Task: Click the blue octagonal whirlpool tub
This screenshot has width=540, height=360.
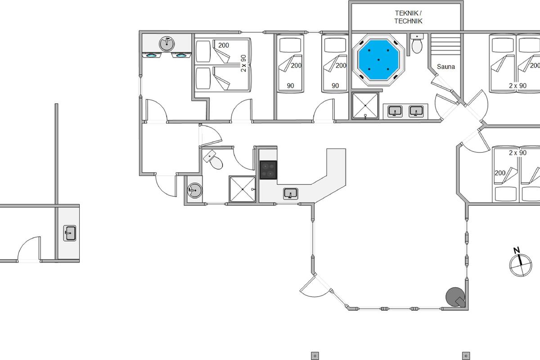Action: pyautogui.click(x=378, y=60)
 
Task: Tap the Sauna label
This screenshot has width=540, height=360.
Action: pyautogui.click(x=446, y=67)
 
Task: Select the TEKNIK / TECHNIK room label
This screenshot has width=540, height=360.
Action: pyautogui.click(x=409, y=17)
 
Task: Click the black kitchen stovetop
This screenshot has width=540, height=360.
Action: pyautogui.click(x=268, y=170)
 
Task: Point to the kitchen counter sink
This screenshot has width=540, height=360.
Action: pyautogui.click(x=291, y=193)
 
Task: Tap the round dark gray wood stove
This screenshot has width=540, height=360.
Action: pyautogui.click(x=455, y=297)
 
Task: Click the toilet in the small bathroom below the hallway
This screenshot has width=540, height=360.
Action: pyautogui.click(x=213, y=160)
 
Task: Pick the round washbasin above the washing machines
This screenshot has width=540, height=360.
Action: pyautogui.click(x=166, y=44)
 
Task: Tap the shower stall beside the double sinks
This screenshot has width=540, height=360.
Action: pyautogui.click(x=365, y=106)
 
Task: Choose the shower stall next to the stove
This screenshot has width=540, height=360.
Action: pyautogui.click(x=242, y=189)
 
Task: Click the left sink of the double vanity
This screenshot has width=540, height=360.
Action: pyautogui.click(x=395, y=112)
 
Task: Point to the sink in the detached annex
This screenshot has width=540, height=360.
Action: pyautogui.click(x=70, y=233)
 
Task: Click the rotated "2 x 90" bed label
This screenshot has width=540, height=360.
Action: pyautogui.click(x=244, y=63)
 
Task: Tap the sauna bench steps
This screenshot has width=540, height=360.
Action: pyautogui.click(x=445, y=44)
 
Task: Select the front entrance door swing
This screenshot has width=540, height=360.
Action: pyautogui.click(x=166, y=186)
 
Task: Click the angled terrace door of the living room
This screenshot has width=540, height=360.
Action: pyautogui.click(x=315, y=288)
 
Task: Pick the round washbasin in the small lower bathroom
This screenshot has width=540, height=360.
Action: pyautogui.click(x=195, y=190)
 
